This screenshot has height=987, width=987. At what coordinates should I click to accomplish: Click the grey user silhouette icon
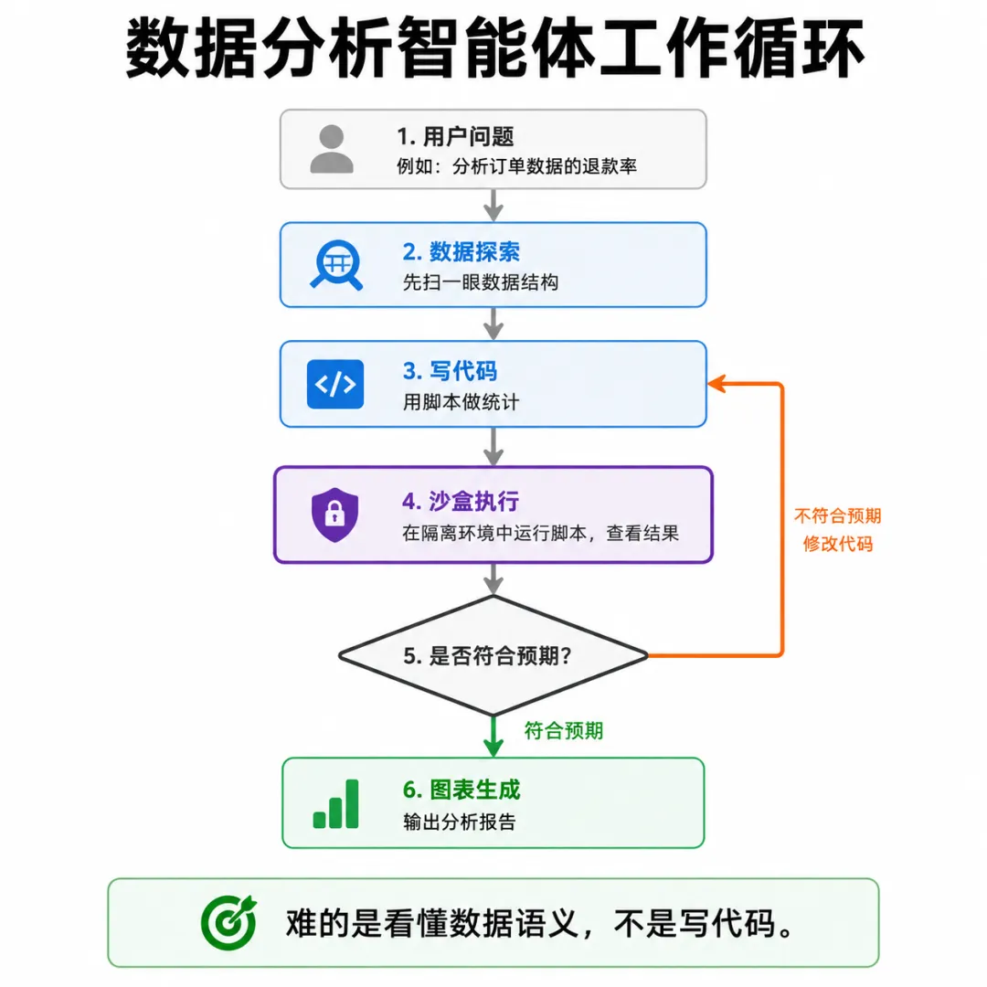332,149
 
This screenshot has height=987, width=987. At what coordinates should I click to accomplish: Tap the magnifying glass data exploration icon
336,265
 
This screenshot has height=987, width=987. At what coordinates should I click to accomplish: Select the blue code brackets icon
335,384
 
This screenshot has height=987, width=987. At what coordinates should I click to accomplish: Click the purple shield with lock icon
334,515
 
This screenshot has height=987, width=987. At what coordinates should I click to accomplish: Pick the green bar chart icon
336,804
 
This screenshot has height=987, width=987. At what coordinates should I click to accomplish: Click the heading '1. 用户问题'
455,136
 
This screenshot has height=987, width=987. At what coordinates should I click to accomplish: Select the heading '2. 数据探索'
462,252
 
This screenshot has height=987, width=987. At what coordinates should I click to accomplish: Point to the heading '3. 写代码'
450,371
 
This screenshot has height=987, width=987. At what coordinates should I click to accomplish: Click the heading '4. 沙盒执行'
461,502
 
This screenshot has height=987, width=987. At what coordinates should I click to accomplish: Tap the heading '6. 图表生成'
462,790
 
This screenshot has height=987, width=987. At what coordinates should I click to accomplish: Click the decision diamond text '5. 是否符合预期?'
488,656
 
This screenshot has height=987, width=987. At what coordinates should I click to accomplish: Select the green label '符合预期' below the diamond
564,731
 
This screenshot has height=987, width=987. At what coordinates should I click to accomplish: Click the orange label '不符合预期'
838,516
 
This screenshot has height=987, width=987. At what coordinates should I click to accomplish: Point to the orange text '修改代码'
838,544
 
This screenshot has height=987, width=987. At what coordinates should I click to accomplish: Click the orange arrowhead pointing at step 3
716,383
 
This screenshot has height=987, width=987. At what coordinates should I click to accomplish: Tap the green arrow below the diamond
493,736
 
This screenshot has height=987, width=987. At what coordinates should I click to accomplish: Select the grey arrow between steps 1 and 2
493,206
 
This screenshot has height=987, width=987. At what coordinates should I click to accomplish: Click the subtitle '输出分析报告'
460,822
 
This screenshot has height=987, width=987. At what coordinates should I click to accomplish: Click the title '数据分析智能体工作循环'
494,48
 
